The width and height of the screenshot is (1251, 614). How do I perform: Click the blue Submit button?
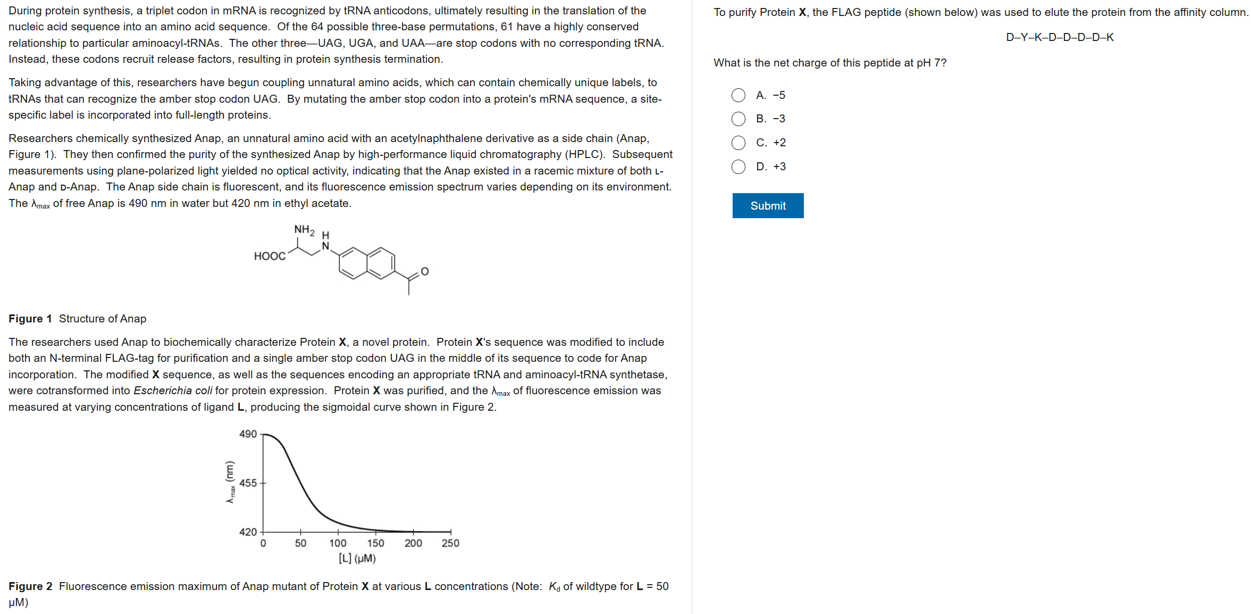click(x=768, y=205)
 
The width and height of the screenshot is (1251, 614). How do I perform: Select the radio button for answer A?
click(x=738, y=95)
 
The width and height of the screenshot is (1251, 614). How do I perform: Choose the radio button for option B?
click(x=738, y=119)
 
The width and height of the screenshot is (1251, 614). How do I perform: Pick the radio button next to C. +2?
click(x=738, y=143)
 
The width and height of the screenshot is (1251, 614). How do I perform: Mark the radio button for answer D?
click(x=738, y=167)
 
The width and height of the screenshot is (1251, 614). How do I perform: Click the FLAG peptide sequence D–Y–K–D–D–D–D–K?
click(x=1060, y=37)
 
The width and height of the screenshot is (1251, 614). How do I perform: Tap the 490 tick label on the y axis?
click(x=248, y=434)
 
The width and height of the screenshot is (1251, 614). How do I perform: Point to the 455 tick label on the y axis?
click(x=248, y=483)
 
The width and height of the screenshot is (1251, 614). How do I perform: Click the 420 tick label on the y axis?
click(x=248, y=532)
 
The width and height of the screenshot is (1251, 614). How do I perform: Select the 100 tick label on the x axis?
click(x=338, y=543)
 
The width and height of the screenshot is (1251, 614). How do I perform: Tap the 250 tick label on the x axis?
click(x=450, y=543)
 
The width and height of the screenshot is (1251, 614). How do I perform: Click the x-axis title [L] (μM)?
click(x=357, y=558)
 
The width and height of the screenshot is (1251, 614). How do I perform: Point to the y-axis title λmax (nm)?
click(x=230, y=482)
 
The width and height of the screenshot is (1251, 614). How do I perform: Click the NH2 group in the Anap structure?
click(x=304, y=230)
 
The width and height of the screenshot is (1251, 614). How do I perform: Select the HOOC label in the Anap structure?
click(x=270, y=256)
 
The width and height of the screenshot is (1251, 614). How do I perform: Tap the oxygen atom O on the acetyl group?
click(x=425, y=271)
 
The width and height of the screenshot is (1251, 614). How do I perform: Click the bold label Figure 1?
click(x=30, y=319)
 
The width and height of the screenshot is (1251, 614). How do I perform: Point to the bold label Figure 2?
click(x=30, y=586)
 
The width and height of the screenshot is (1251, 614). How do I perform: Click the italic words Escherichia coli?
click(x=173, y=391)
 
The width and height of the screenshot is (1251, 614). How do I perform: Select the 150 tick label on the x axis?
click(x=375, y=543)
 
